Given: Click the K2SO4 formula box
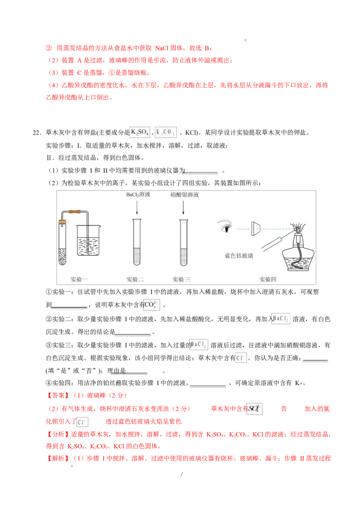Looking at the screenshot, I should click(x=140, y=132).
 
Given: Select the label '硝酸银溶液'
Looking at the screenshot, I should click(x=184, y=195).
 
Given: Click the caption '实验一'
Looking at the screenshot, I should click(x=79, y=279).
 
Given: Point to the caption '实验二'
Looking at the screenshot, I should click(x=135, y=279).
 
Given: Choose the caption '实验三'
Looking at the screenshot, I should click(x=182, y=279).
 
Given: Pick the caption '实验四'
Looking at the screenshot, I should click(x=268, y=279).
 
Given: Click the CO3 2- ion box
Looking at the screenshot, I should click(x=151, y=306).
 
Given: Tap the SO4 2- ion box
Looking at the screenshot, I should click(x=254, y=409).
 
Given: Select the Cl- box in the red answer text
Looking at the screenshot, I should click(x=82, y=422).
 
